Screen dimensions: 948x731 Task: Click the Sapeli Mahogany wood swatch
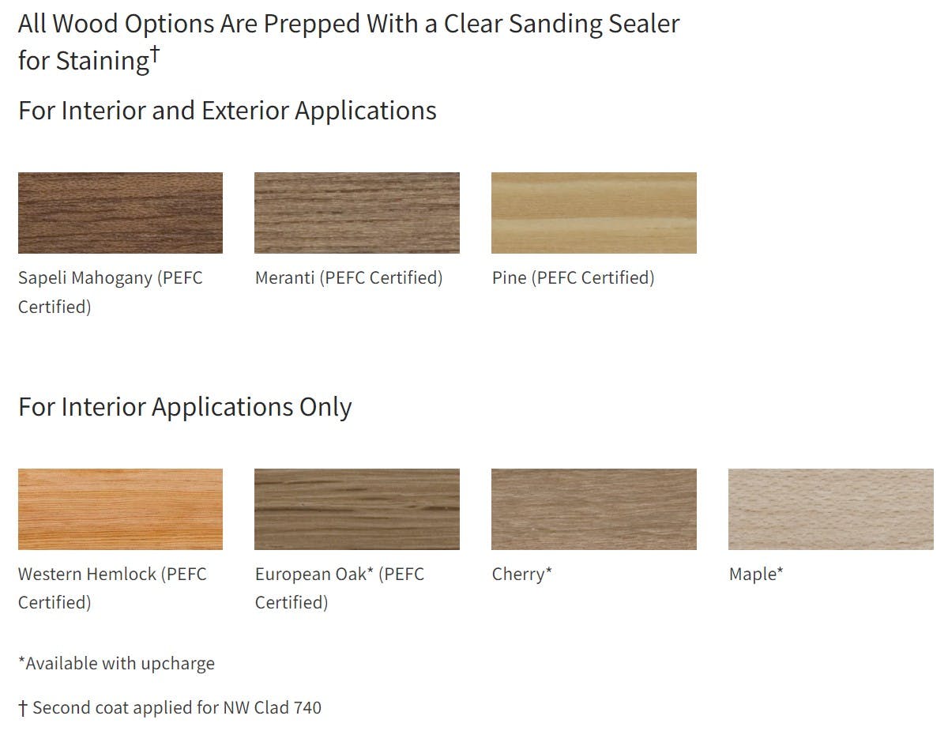[120, 213]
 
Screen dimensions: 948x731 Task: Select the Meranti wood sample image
[357, 213]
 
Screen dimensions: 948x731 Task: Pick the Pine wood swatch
[594, 213]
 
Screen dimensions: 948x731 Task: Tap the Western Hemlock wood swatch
[120, 509]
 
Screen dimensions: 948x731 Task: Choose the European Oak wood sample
[357, 509]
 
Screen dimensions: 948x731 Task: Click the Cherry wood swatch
[594, 509]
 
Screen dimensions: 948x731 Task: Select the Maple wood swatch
[830, 509]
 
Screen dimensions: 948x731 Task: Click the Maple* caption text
[756, 575]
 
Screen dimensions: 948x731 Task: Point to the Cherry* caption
[521, 575]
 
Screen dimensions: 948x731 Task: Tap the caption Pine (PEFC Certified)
[574, 278]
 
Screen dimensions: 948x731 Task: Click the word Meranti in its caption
[285, 278]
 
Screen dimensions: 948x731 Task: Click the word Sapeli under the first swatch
[42, 278]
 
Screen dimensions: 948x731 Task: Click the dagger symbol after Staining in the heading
[156, 55]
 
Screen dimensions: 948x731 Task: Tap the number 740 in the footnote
[307, 708]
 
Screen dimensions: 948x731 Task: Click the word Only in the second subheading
[325, 408]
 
